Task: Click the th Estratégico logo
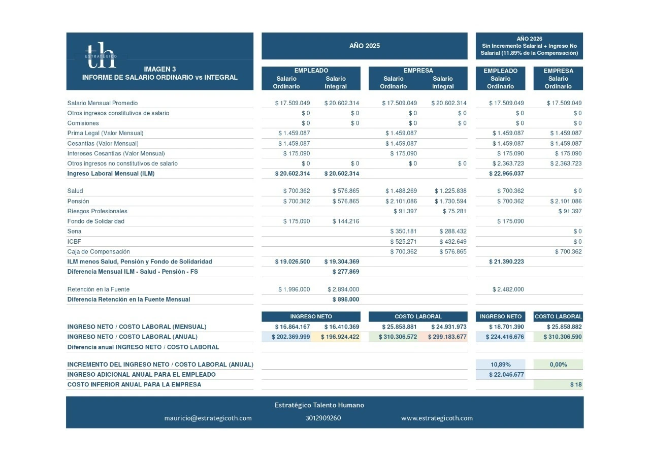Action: pos(101,55)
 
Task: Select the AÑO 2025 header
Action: pos(364,46)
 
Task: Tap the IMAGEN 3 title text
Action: pos(159,69)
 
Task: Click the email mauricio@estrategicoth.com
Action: pos(208,418)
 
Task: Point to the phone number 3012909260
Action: pos(323,418)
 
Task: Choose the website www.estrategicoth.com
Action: pos(437,418)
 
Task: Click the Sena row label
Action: pos(74,232)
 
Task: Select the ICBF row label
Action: pos(74,242)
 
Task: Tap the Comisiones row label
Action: pos(83,123)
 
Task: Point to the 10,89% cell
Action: pos(501,365)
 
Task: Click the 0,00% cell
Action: pos(558,365)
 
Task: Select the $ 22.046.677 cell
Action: pos(506,375)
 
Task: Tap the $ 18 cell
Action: pos(576,385)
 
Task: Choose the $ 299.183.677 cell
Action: pos(447,337)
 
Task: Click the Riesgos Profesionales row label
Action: pos(97,211)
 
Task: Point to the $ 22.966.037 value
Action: pos(506,174)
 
